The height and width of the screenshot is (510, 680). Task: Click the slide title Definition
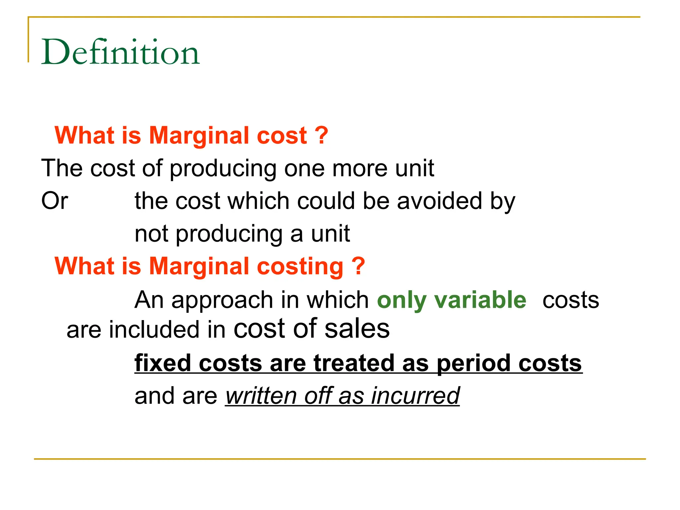(x=120, y=52)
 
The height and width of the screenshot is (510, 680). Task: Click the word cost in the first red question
(x=282, y=135)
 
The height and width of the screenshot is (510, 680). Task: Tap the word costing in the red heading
(x=300, y=267)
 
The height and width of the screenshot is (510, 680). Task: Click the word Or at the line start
(x=54, y=201)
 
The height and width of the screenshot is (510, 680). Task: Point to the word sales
(x=357, y=329)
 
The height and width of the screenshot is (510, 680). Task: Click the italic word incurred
(x=415, y=396)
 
